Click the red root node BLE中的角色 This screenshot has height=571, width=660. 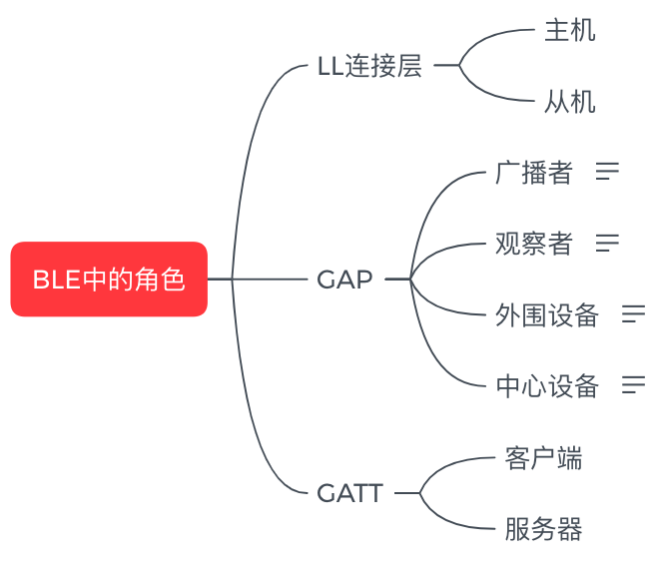click(x=109, y=280)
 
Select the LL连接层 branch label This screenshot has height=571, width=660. click(x=369, y=67)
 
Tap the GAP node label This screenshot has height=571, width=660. click(x=344, y=280)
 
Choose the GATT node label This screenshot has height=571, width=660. click(x=349, y=493)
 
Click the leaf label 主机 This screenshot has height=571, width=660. click(x=569, y=31)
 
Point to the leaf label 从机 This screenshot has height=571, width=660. click(x=569, y=102)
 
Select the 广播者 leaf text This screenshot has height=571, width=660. click(x=533, y=173)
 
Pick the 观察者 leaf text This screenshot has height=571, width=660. click(x=533, y=244)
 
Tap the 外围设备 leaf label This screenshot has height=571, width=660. click(x=546, y=315)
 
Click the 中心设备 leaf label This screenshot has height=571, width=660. click(x=546, y=385)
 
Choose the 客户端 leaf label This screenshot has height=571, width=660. click(x=543, y=458)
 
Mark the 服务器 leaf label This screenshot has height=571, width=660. click(x=543, y=529)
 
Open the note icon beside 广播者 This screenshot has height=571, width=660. click(x=607, y=172)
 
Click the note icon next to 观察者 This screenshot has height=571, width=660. click(x=607, y=243)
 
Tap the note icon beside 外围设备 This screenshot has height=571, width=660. click(x=633, y=314)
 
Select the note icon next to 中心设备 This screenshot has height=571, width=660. click(x=633, y=384)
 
